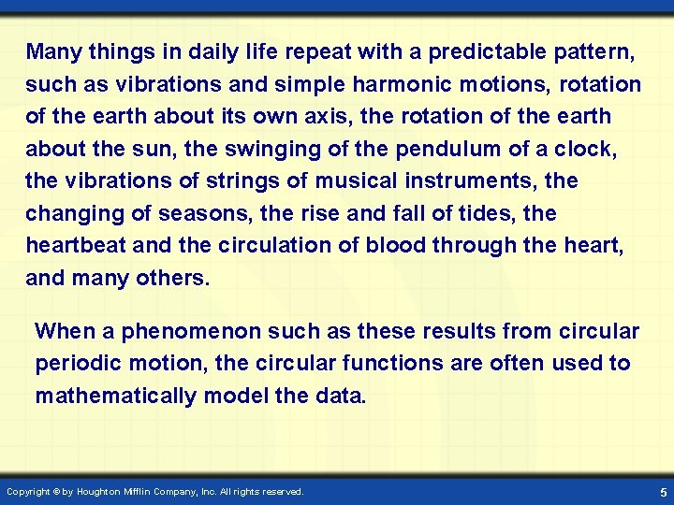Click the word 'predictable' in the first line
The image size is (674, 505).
487,52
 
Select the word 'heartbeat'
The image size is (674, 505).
75,246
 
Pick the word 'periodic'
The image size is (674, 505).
79,364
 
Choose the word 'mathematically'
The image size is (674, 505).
116,396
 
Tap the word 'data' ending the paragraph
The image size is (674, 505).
341,396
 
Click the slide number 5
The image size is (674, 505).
664,492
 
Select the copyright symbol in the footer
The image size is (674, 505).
56,491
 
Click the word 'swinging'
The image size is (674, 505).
272,150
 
